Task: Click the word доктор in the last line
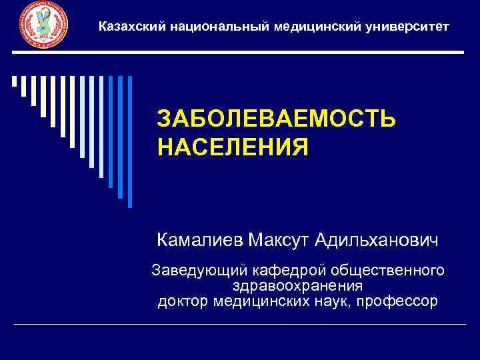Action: click(x=184, y=301)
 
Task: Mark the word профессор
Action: click(x=397, y=301)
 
